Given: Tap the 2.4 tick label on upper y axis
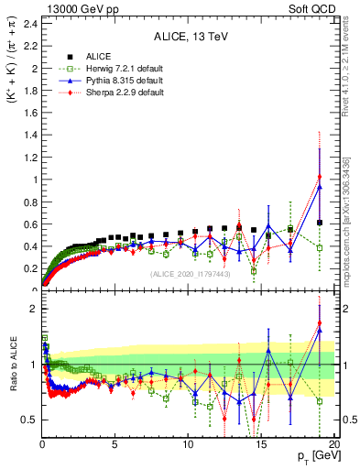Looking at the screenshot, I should pos(30,23).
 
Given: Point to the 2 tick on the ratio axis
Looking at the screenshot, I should pos(34,309).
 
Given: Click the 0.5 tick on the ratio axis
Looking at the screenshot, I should pos(30,420).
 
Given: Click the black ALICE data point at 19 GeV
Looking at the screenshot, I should pos(320,223).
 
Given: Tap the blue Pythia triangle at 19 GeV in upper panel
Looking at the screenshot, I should pos(320,187).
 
